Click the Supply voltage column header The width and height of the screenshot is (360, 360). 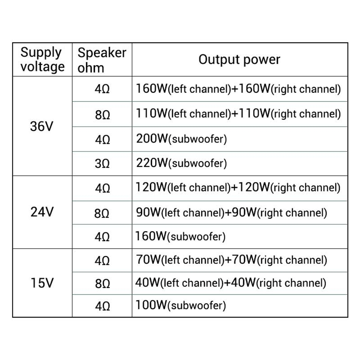[x=42, y=60]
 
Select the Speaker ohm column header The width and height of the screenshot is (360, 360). [x=102, y=60]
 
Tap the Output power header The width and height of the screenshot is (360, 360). [x=239, y=60]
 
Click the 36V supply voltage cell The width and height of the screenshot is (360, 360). [x=42, y=126]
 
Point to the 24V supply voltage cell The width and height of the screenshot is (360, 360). [x=42, y=211]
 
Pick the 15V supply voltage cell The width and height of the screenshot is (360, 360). [x=42, y=283]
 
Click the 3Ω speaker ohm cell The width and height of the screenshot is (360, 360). [x=102, y=163]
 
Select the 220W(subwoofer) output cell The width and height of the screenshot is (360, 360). [x=181, y=163]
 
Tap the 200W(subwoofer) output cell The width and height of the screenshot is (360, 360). [x=181, y=139]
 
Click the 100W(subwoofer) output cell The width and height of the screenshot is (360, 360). [x=181, y=305]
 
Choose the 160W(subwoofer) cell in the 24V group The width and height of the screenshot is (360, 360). [x=180, y=236]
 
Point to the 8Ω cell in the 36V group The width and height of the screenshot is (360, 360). [x=102, y=115]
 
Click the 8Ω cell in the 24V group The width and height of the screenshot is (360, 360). [x=102, y=213]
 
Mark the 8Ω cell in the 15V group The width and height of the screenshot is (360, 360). [x=102, y=283]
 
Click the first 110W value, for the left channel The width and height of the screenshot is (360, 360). [x=152, y=113]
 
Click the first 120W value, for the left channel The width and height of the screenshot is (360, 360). [x=151, y=187]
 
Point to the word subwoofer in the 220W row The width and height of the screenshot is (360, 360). [x=198, y=163]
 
